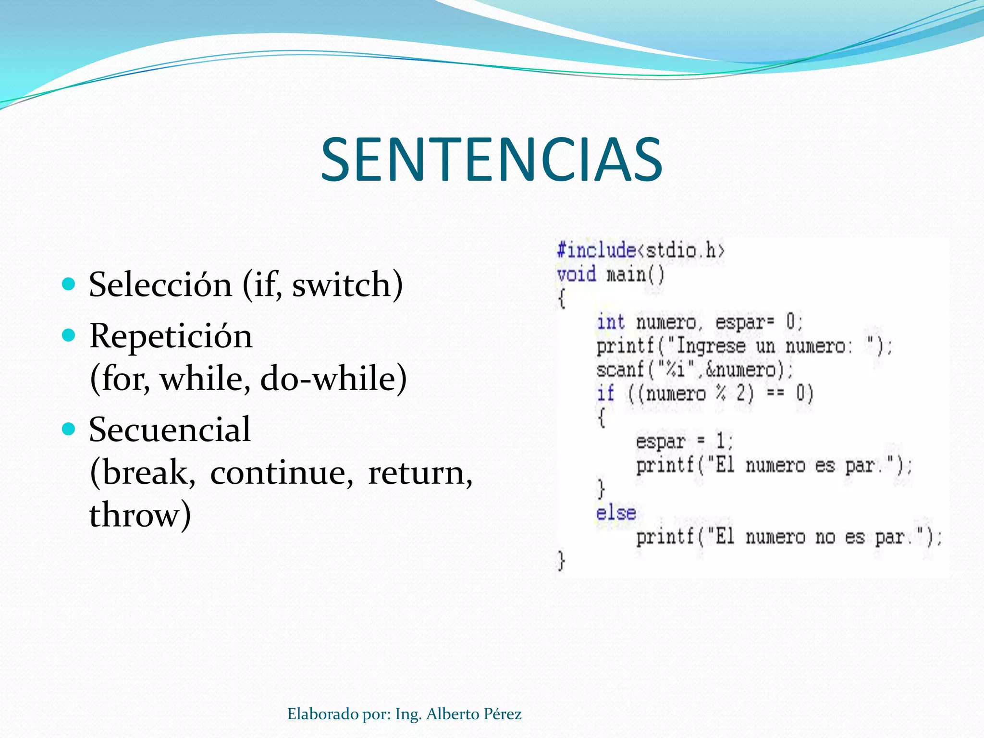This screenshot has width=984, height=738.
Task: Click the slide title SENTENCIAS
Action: point(492,160)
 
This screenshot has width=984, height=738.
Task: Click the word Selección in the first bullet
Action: point(160,284)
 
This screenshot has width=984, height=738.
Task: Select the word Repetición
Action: point(171,336)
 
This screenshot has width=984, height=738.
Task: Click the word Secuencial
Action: point(170,429)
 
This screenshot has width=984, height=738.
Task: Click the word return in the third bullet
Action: point(416,473)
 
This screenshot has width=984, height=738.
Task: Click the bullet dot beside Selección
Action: point(69,284)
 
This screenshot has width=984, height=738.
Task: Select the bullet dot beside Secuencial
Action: point(69,429)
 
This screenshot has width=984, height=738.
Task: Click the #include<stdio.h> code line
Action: point(640,250)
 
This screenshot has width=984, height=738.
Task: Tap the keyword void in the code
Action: point(576,274)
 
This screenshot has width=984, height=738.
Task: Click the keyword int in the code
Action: point(610,322)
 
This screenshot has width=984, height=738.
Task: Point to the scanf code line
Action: point(694,370)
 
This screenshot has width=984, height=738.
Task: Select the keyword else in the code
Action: point(616,513)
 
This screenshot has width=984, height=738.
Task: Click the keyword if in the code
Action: point(605,394)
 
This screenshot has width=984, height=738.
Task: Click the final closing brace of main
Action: point(561,561)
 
